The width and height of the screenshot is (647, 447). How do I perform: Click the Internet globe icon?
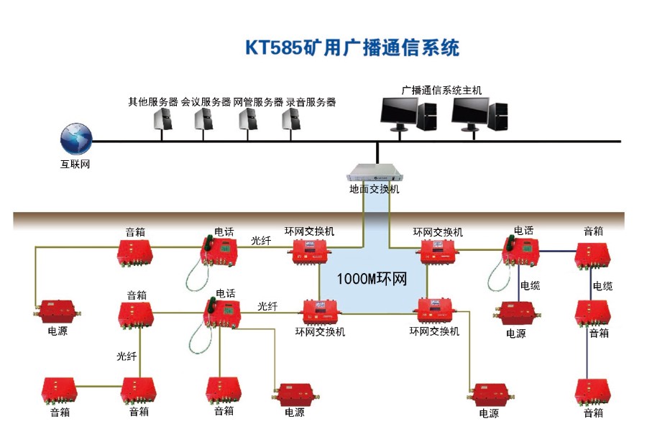(x=76, y=137)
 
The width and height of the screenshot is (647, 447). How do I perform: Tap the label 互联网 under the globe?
(x=75, y=164)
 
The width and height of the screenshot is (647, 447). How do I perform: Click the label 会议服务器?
(x=206, y=102)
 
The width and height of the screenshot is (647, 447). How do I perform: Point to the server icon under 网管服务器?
(x=248, y=120)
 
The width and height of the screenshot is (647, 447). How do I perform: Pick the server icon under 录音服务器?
(x=290, y=120)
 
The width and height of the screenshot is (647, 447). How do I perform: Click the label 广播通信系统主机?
(x=441, y=91)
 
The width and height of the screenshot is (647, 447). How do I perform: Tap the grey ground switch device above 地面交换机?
(x=374, y=173)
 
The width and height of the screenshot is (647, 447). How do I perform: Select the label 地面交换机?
(x=374, y=189)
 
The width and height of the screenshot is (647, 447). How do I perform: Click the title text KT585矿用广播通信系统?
(x=352, y=47)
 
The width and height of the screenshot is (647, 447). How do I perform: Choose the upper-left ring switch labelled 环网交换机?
(x=310, y=252)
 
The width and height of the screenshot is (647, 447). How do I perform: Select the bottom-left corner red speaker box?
(x=60, y=390)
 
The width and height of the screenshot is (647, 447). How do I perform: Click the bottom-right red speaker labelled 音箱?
(x=593, y=392)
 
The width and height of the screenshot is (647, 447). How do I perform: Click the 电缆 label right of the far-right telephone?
(x=531, y=285)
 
